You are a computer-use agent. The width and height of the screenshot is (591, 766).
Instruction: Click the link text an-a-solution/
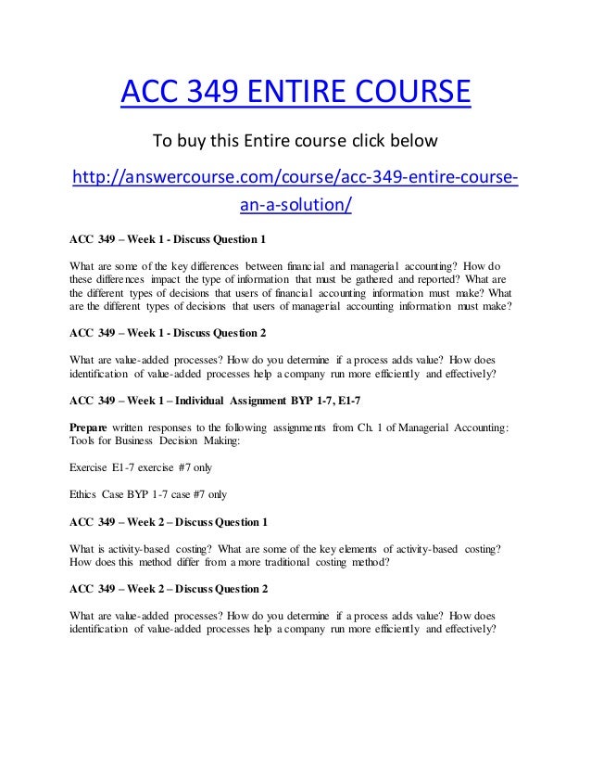click(295, 203)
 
